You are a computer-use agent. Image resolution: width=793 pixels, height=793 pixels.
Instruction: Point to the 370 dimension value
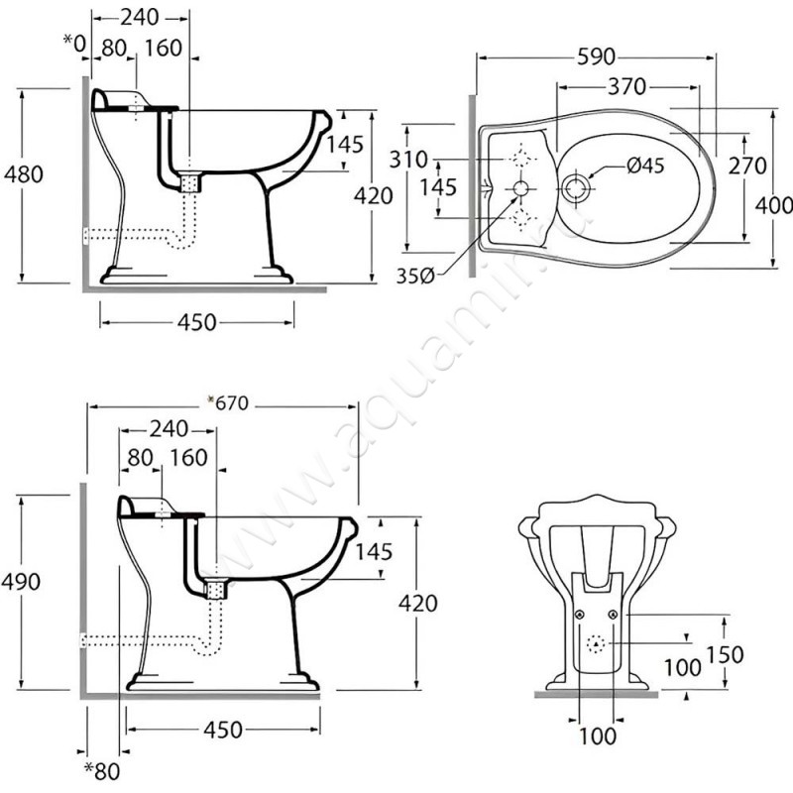[627, 87]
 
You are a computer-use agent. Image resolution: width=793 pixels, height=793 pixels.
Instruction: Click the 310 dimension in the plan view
[407, 159]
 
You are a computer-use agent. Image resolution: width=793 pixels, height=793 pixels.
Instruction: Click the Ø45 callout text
[644, 167]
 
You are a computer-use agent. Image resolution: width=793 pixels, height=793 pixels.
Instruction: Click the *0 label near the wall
[75, 42]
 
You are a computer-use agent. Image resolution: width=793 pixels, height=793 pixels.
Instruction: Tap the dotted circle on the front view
[597, 645]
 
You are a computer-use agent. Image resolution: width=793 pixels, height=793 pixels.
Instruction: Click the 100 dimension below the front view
[596, 736]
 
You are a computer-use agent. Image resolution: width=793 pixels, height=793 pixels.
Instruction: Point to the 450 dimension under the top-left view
[196, 322]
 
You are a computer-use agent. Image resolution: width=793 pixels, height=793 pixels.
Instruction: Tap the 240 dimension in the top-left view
[139, 17]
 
